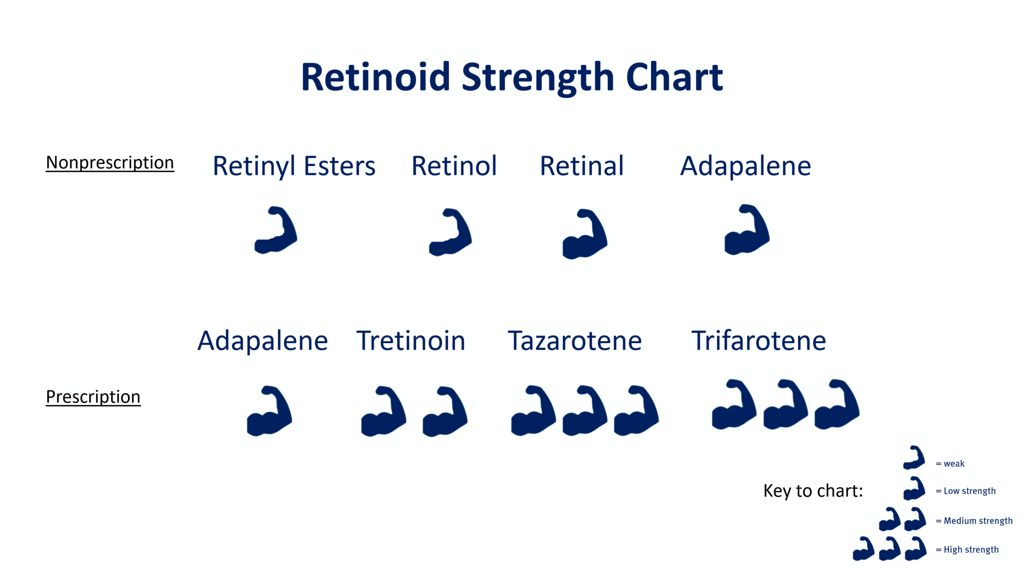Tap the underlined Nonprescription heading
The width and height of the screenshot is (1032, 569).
(x=110, y=163)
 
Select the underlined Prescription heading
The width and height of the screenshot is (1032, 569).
(x=93, y=397)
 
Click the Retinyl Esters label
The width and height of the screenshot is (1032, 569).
(x=294, y=166)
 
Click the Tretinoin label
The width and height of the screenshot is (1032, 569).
(x=411, y=340)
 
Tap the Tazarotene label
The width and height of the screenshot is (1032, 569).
(x=574, y=340)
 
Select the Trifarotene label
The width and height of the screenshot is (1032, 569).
(x=758, y=340)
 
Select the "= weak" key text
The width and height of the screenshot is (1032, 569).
(x=950, y=463)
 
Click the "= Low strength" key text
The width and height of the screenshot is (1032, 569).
(x=965, y=491)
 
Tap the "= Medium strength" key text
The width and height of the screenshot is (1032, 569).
(x=974, y=521)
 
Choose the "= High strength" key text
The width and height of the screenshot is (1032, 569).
(x=967, y=549)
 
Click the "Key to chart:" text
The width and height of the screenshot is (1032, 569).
(x=813, y=491)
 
